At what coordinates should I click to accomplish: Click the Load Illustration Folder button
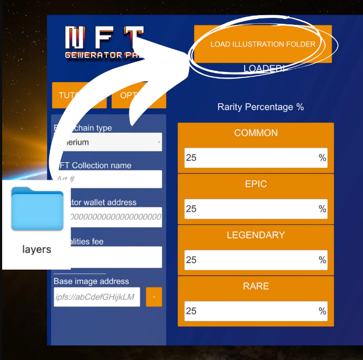point(263,44)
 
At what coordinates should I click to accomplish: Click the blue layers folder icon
point(37,209)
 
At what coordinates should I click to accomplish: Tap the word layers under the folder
point(37,250)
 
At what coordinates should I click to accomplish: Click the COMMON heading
point(256,133)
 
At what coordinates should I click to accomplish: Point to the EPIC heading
point(256,184)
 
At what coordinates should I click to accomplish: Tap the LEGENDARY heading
point(256,235)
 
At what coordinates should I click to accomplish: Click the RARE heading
point(256,286)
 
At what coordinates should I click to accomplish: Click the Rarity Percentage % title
point(261,107)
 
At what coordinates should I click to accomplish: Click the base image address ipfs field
point(97,297)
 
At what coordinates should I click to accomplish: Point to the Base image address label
point(91,282)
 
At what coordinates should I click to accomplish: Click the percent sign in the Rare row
point(322,311)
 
